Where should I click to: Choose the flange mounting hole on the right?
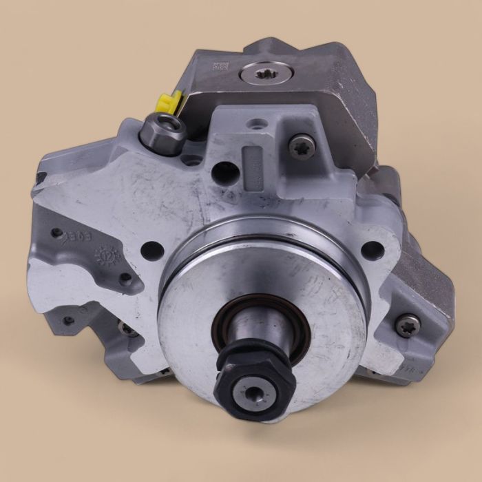[373, 250]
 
